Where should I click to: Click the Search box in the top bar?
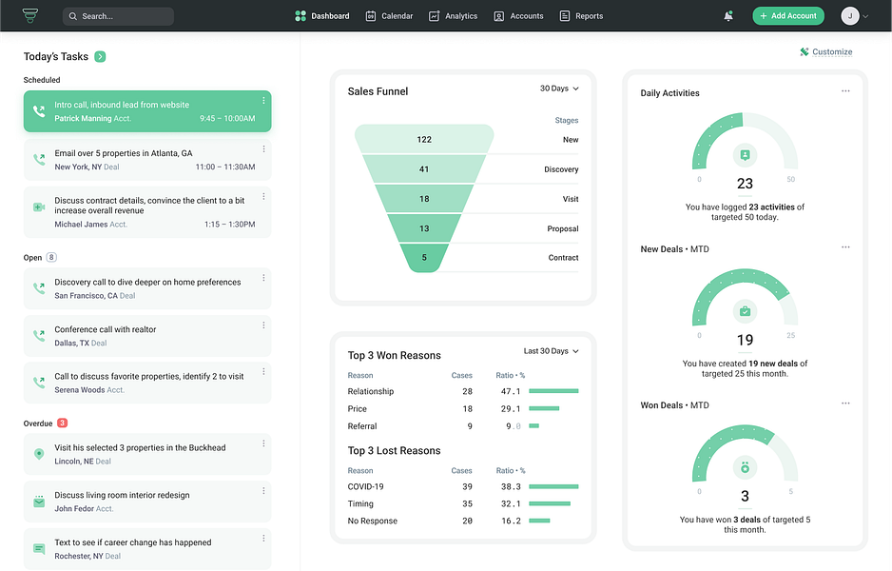click(118, 16)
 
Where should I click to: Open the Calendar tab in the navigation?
click(390, 16)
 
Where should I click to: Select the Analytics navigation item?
click(454, 16)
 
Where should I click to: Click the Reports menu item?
click(581, 16)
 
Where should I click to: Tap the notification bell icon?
click(728, 16)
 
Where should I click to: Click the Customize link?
click(826, 52)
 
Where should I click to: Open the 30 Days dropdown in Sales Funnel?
click(559, 89)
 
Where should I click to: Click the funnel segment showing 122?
click(424, 140)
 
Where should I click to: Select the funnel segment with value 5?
click(424, 258)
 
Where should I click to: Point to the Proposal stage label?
click(562, 228)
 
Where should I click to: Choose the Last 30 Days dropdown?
click(552, 351)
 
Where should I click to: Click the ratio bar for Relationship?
click(553, 391)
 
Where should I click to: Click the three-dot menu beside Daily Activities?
click(845, 91)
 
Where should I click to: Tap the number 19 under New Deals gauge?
click(745, 340)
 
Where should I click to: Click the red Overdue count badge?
click(62, 423)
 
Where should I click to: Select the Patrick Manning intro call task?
click(147, 111)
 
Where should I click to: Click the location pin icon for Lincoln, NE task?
click(39, 454)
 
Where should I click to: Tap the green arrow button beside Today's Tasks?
click(100, 57)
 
